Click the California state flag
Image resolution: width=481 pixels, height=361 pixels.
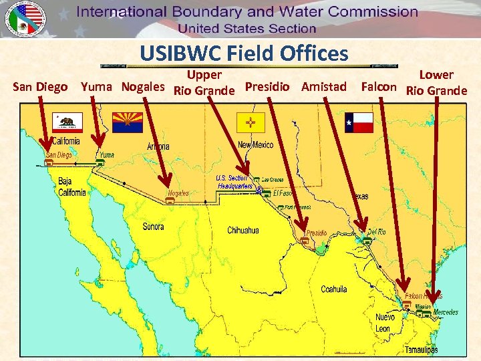69,122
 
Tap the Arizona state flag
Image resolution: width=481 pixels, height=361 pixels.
127,122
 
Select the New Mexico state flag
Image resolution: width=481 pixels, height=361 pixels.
251,122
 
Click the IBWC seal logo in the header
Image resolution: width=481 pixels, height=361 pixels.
24,19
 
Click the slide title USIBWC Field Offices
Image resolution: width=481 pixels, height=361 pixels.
244,53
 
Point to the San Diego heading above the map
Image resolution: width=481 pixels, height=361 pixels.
40,87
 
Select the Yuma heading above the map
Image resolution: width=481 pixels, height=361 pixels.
98,87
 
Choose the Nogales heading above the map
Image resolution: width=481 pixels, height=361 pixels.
143,87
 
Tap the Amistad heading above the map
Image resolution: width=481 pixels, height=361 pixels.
323,87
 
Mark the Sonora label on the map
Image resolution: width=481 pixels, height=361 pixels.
154,227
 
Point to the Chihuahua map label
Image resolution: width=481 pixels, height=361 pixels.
243,231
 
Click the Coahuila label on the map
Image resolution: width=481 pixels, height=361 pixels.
334,289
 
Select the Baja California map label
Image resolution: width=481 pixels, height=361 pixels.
71,187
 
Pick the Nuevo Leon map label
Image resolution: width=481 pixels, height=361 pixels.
384,323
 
